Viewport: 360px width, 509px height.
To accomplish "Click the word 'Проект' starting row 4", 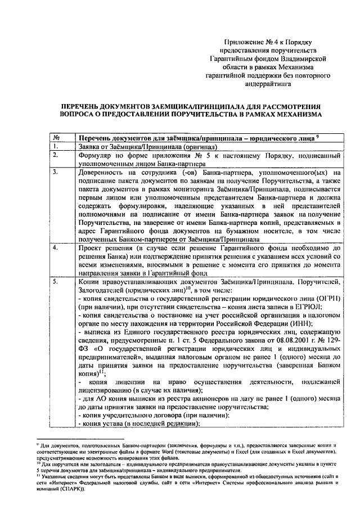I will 89,247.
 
